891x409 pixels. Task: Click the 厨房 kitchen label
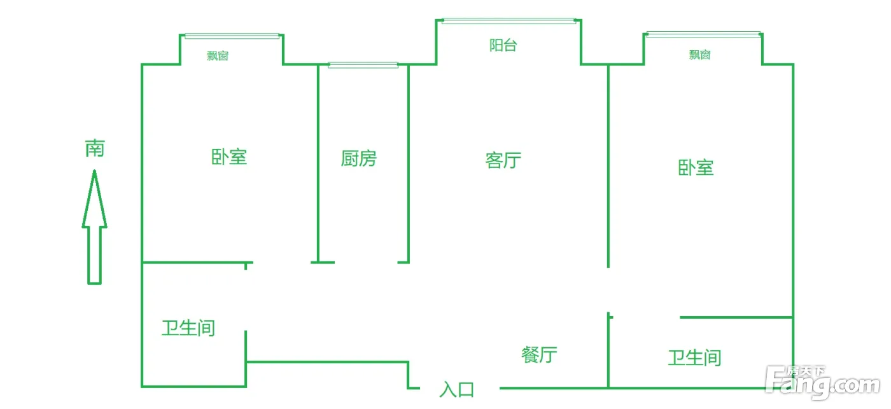click(x=358, y=158)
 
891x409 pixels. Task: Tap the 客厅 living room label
click(x=503, y=160)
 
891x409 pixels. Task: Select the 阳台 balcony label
click(x=503, y=46)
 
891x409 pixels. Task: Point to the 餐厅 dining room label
click(x=539, y=354)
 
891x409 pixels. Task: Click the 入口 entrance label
click(x=457, y=389)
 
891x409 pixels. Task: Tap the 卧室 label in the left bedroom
click(x=229, y=156)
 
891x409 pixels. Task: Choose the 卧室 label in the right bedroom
click(x=696, y=168)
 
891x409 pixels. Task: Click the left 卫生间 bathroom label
click(x=188, y=328)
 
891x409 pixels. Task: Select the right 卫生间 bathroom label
click(x=694, y=357)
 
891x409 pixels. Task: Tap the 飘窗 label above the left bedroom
click(x=218, y=56)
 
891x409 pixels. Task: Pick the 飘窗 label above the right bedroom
click(x=699, y=55)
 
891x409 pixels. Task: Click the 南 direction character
click(x=95, y=149)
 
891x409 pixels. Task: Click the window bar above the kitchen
click(x=363, y=65)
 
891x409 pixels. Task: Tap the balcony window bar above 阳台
click(x=509, y=21)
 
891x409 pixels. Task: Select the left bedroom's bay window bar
click(x=232, y=36)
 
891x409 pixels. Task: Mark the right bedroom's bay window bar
click(x=703, y=34)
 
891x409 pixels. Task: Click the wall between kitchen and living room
click(x=408, y=159)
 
